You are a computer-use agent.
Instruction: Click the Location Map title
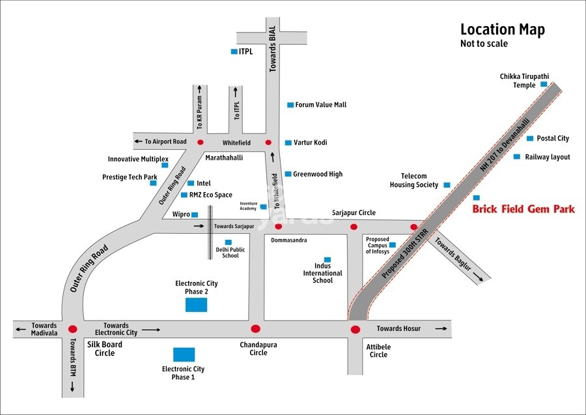502,29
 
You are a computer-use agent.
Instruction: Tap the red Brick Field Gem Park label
523,209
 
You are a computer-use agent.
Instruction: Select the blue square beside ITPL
234,51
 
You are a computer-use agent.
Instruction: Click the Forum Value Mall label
320,105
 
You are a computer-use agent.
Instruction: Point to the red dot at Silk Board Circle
73,329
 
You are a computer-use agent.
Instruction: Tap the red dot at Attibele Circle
355,329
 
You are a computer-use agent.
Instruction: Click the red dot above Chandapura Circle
255,329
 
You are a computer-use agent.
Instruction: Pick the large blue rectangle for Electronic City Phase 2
196,304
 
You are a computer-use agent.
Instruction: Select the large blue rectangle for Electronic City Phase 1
184,354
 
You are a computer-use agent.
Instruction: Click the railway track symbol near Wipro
210,233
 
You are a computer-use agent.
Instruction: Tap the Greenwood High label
317,174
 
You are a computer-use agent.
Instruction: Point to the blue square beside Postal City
530,138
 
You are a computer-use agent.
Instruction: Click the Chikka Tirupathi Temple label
524,80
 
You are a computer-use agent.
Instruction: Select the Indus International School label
322,273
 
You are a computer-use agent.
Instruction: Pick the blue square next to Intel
190,184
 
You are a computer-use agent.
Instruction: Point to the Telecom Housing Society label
414,180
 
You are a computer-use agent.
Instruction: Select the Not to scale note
484,44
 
